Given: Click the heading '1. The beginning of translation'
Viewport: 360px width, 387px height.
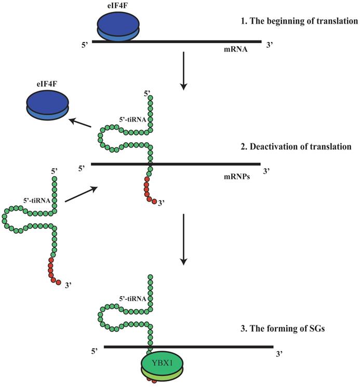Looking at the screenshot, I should tap(296, 22).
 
